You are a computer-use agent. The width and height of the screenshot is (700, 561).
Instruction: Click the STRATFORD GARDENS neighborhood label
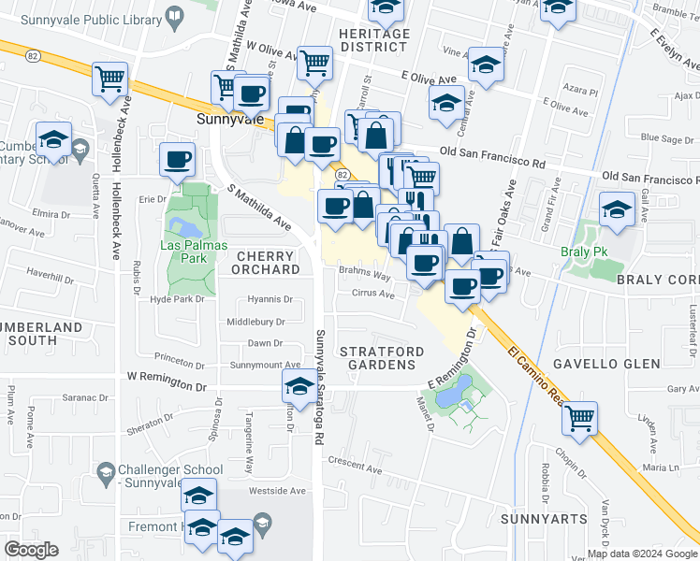[x=381, y=358]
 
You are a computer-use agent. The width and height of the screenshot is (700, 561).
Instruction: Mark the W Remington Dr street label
[x=168, y=385]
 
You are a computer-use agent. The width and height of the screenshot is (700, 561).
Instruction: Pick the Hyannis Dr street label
[x=270, y=300]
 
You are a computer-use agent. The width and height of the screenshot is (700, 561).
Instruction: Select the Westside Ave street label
[x=277, y=490]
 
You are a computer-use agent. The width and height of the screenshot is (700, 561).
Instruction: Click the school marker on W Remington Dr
[x=299, y=385]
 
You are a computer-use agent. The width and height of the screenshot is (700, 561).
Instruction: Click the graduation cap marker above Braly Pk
[x=617, y=210]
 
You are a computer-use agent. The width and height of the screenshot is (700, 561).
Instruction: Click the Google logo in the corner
[x=31, y=550]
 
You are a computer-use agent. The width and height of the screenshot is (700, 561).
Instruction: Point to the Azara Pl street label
[x=581, y=92]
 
